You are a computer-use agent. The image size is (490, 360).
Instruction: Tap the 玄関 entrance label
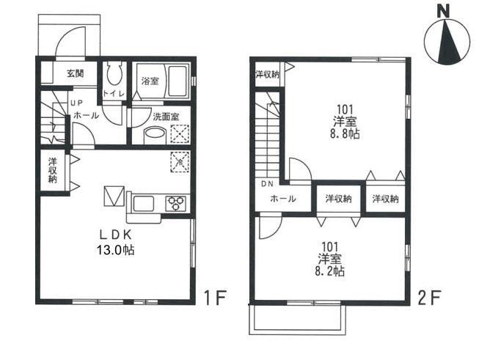76,73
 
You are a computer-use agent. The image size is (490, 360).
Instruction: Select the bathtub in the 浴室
178,81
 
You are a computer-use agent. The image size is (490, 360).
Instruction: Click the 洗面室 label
166,117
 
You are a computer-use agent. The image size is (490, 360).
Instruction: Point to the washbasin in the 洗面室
154,136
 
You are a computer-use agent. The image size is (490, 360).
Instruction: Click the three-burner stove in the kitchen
175,204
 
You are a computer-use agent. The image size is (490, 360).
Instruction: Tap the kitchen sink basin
144,204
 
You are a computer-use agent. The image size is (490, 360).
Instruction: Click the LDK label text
115,235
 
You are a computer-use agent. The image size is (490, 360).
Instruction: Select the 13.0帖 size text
116,250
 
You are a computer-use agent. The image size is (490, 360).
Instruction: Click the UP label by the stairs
76,103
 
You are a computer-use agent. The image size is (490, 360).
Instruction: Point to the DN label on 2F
267,184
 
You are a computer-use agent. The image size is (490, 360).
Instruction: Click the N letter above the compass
443,12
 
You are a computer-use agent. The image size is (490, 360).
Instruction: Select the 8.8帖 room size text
345,134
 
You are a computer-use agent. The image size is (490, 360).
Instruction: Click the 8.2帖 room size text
329,271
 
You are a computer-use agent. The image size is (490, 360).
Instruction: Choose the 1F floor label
215,298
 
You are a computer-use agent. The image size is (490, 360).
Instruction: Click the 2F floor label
430,298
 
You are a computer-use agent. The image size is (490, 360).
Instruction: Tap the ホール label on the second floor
283,199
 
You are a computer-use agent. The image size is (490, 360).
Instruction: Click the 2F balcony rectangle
298,318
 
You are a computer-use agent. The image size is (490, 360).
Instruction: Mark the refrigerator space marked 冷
180,162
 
